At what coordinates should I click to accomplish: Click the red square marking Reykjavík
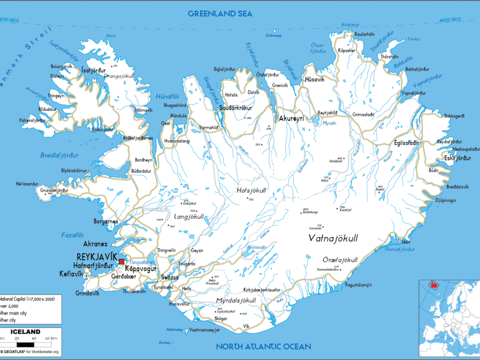pos(121,262)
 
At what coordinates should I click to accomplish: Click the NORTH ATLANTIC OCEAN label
pos(263,346)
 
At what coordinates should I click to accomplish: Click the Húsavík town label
pos(315,80)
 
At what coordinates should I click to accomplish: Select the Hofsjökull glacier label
pos(251,190)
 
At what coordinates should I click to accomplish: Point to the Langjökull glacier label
pos(188,217)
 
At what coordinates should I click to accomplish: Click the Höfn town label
pos(405,242)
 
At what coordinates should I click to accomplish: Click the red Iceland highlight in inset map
pos(434,284)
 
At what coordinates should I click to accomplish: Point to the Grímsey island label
pos(273,36)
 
